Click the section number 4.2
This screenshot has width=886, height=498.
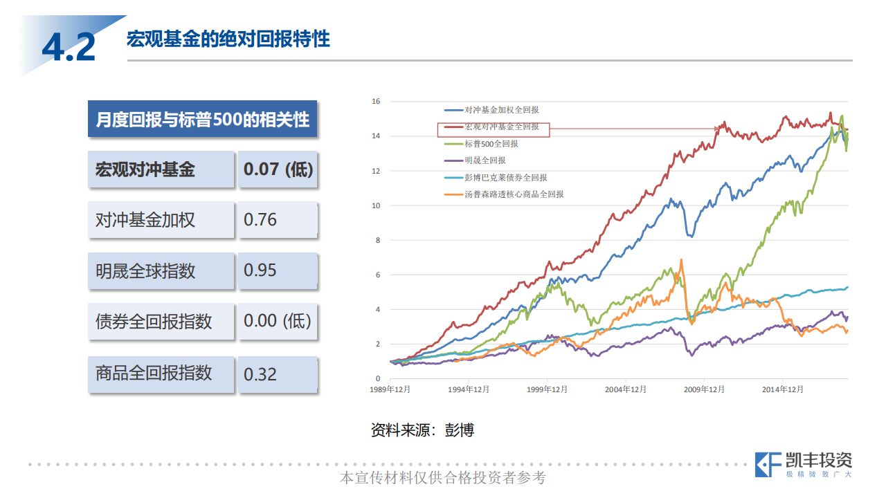(x=69, y=46)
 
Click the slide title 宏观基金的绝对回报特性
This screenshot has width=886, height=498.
(x=228, y=39)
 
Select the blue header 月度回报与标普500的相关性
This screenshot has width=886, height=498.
(x=202, y=119)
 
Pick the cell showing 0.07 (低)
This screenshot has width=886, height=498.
(x=278, y=169)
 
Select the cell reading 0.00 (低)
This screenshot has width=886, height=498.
(x=278, y=322)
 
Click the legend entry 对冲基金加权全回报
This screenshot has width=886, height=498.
(x=501, y=110)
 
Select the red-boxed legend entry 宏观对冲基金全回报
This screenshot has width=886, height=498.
(x=501, y=127)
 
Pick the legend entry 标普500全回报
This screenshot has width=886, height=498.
(x=491, y=144)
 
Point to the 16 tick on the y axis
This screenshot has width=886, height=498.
(x=376, y=102)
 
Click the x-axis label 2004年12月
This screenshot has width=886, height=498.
(x=626, y=389)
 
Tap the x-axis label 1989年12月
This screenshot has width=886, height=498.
(x=390, y=389)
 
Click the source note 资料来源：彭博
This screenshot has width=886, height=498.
(x=422, y=430)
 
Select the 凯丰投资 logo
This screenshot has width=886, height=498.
(x=804, y=464)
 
